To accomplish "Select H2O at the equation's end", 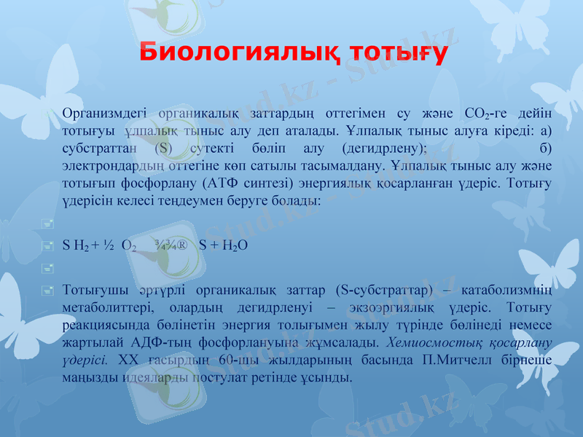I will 233,246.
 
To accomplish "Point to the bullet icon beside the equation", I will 47,246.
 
